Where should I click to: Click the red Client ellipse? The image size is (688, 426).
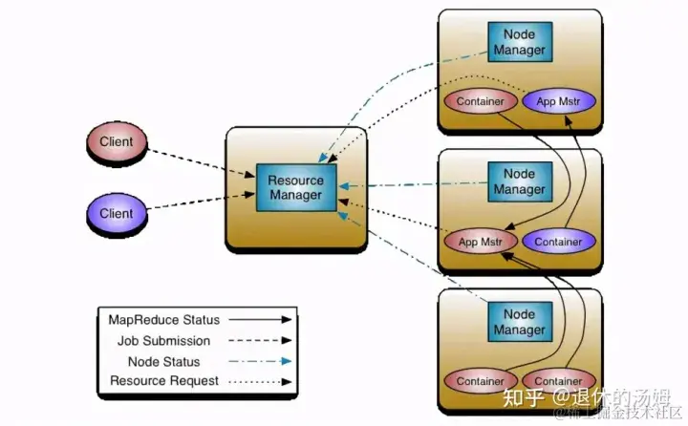point(116,143)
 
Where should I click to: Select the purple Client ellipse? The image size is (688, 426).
point(116,213)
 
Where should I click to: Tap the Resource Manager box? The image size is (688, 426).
point(296,188)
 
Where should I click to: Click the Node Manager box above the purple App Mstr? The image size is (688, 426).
point(519,41)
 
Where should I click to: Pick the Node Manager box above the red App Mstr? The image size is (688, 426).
point(519,181)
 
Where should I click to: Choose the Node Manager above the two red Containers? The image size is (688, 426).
point(519,321)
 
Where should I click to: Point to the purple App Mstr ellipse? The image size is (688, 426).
point(560,101)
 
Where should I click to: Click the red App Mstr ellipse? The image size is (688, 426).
point(481,242)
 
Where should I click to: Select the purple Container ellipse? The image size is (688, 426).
point(559,242)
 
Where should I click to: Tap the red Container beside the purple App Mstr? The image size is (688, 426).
point(480,101)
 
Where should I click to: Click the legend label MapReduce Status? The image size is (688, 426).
point(163,320)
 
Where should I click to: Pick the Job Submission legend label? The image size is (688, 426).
point(163,341)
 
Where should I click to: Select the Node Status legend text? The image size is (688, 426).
point(163,362)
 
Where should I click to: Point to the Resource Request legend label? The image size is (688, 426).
point(163,381)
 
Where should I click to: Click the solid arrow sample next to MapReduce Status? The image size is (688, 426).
point(260,320)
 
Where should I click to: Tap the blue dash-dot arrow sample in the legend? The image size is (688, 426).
point(260,362)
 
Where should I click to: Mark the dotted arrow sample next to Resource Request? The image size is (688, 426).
point(260,381)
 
